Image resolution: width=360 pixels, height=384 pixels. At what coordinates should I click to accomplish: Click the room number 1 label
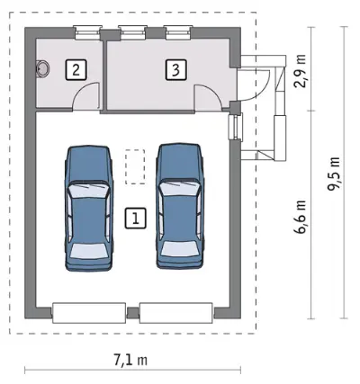pos(135,218)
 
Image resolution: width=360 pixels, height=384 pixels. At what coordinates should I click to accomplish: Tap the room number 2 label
pos(76,70)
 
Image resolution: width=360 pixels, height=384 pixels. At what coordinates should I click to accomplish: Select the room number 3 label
pos(175,70)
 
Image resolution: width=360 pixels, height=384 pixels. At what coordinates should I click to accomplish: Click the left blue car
pos(88,209)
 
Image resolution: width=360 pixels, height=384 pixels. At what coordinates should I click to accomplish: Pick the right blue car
pos(180,206)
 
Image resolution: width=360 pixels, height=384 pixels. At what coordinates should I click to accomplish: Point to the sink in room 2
pos(41,68)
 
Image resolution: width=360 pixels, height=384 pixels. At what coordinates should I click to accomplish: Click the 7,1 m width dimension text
pos(130,360)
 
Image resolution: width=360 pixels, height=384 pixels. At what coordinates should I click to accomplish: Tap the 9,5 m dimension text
pos(334,174)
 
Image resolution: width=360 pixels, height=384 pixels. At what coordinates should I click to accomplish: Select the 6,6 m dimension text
pos(300,217)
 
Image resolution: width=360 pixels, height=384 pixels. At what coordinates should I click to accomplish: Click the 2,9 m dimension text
pos(300,71)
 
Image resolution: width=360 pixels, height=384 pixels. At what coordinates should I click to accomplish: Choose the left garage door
pos(89,313)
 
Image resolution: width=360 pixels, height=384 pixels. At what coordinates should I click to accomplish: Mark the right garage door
pos(176,313)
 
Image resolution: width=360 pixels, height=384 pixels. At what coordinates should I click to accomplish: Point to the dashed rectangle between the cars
pos(135,166)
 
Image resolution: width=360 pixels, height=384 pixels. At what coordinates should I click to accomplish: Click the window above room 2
pos(87,33)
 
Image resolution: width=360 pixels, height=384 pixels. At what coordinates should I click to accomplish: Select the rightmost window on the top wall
pos(178,33)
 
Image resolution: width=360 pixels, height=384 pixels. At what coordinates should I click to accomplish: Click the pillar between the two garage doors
pos(132,312)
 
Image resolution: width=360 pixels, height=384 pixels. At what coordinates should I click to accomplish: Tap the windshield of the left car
pos(87,191)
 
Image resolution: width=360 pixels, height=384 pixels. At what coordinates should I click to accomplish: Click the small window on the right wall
pos(235,127)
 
